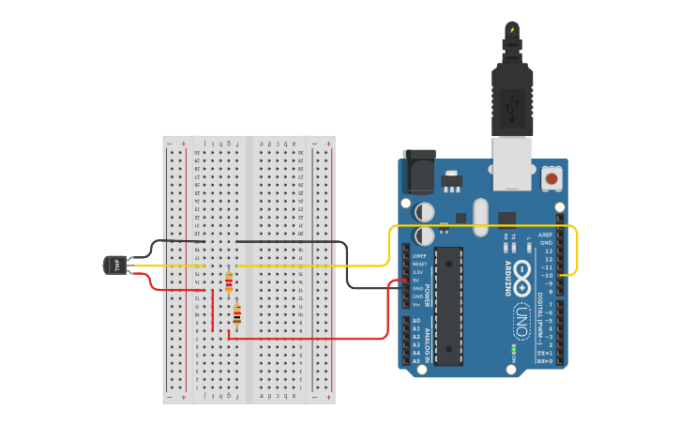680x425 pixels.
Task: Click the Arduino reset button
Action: click(552, 177)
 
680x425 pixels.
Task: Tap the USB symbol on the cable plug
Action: click(513, 111)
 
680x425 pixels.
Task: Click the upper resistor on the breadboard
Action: click(229, 281)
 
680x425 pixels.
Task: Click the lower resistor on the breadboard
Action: click(236, 315)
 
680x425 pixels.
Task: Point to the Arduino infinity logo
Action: click(522, 276)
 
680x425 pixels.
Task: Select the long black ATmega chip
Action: click(449, 306)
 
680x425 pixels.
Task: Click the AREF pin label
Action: click(545, 235)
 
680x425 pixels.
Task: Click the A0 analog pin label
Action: click(416, 321)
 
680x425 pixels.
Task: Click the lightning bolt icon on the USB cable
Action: click(512, 30)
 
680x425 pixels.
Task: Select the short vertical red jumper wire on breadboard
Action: click(213, 310)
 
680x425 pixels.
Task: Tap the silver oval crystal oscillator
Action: click(481, 217)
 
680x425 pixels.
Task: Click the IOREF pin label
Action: click(418, 255)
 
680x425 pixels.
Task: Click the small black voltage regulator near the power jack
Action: click(452, 180)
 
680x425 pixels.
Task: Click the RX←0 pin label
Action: click(544, 361)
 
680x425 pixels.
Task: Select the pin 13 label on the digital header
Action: click(547, 251)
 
